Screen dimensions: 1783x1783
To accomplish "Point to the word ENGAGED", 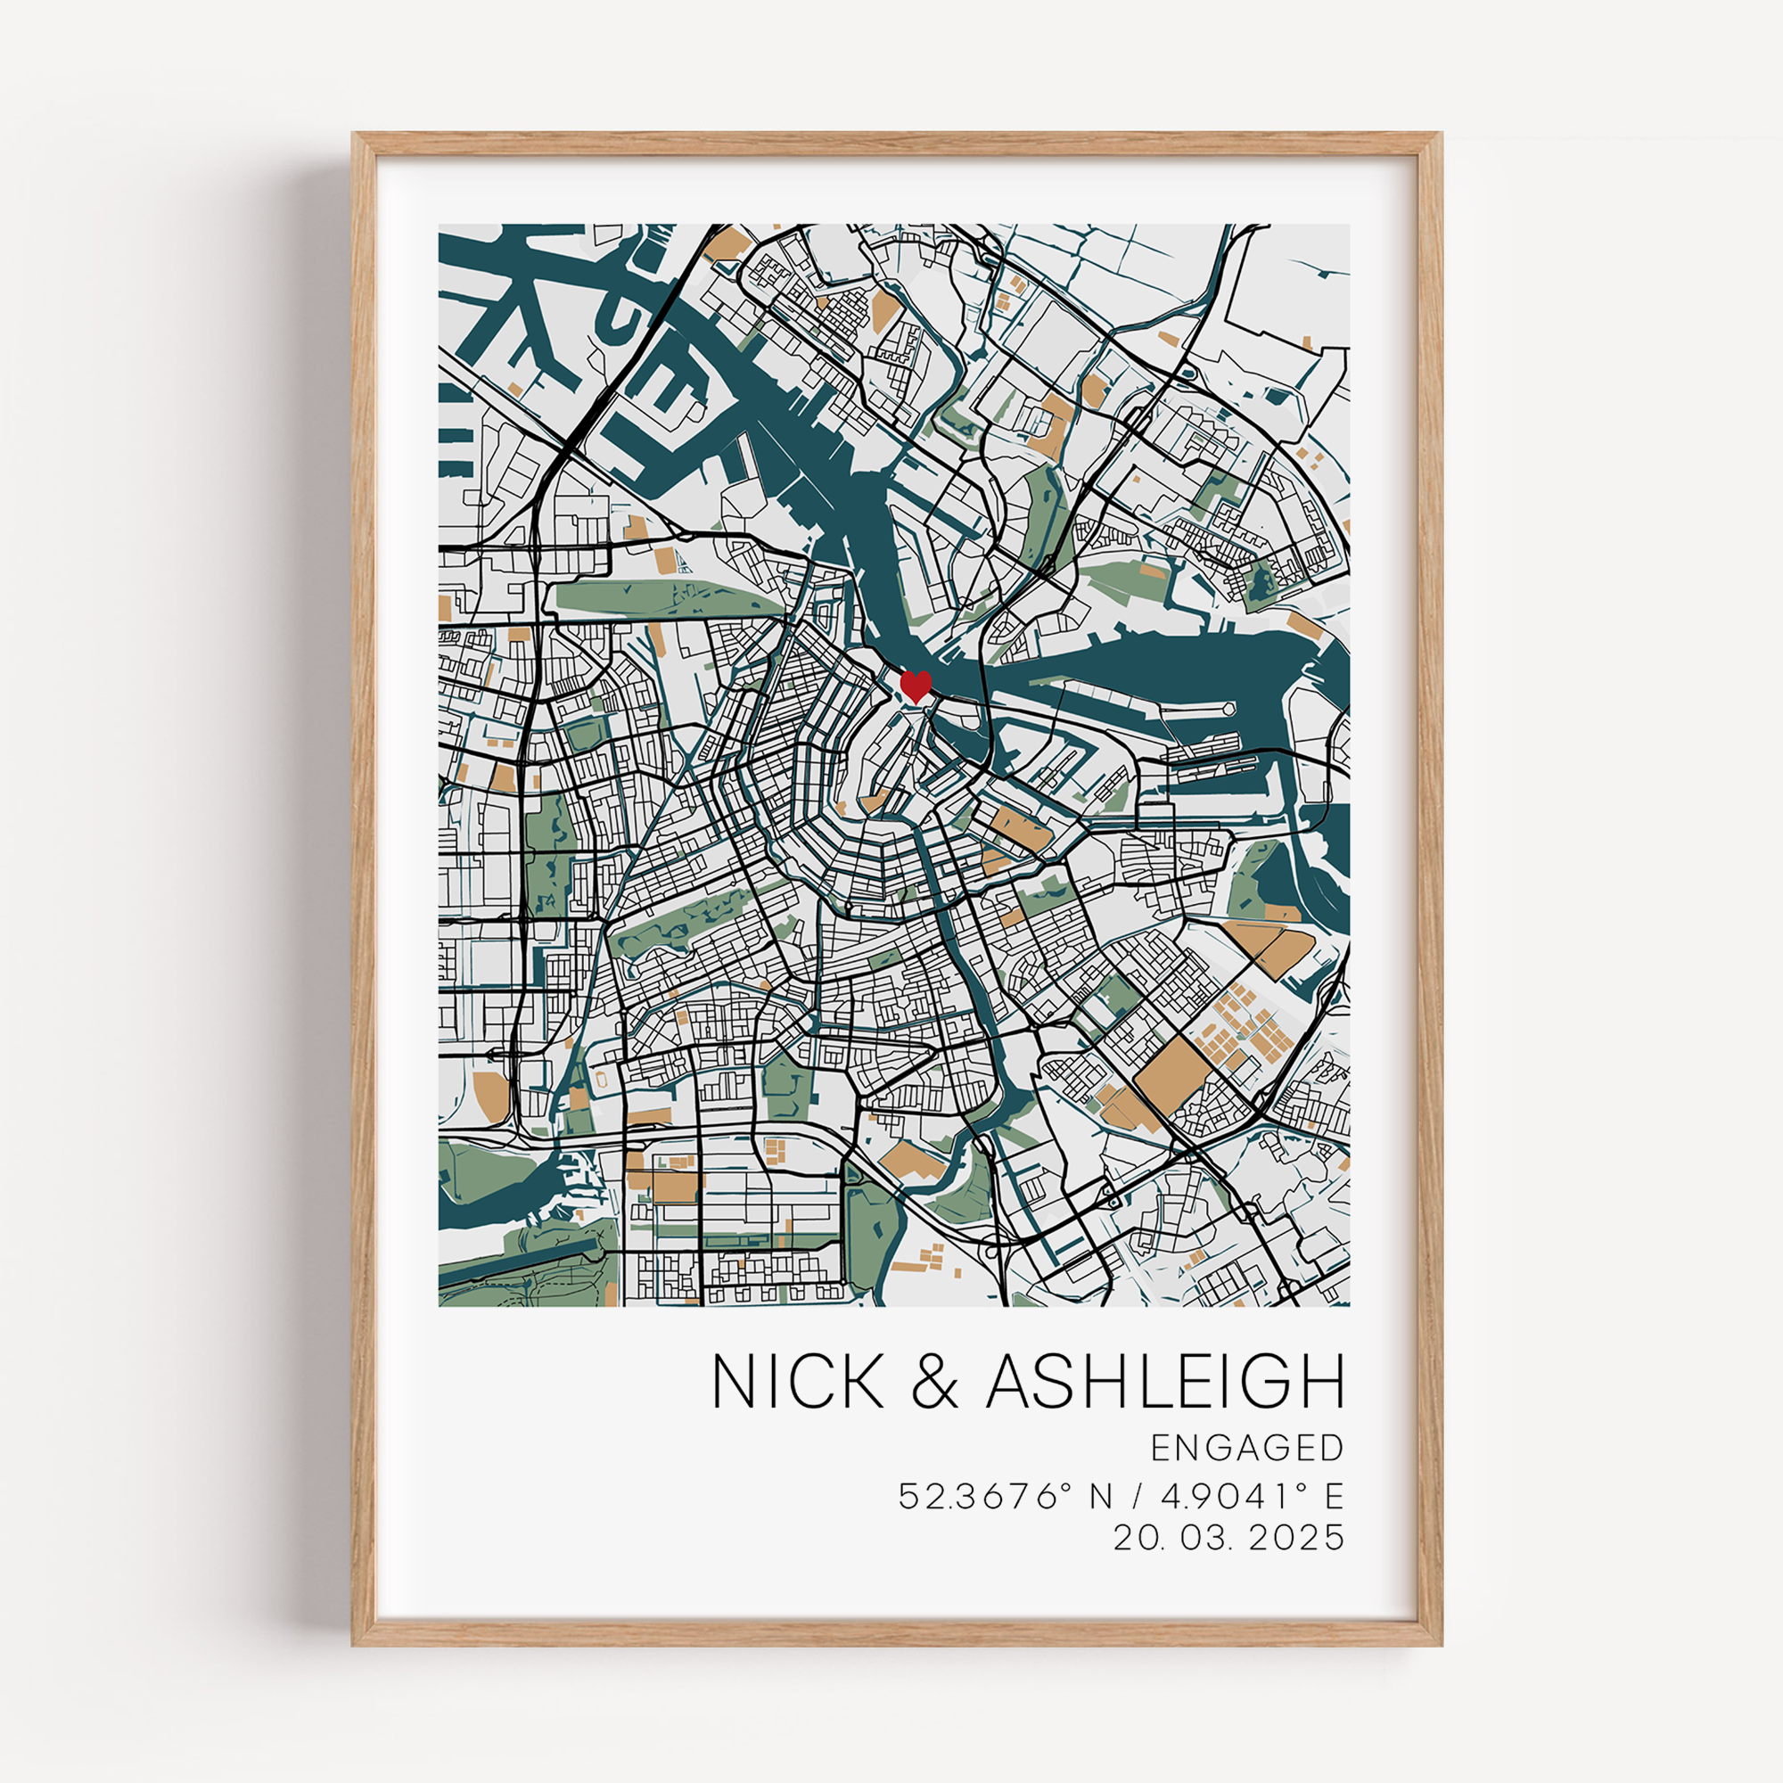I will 1247,1474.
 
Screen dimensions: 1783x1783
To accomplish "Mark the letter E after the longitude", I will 1334,1522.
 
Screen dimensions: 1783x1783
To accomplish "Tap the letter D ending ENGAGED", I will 1331,1474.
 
